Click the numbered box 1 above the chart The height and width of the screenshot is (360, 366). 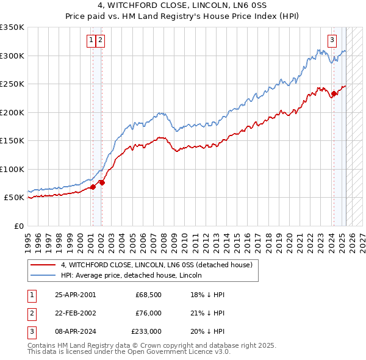[x=91, y=41]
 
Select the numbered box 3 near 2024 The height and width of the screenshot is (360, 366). [x=332, y=41]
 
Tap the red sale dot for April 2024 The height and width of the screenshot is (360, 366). [x=334, y=94]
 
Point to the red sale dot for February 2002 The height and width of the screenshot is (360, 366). [x=102, y=182]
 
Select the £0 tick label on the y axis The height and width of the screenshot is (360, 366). [x=18, y=226]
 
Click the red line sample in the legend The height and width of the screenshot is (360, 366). [x=43, y=265]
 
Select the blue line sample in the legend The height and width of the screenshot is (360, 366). [x=43, y=276]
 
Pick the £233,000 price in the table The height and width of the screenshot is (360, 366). [x=146, y=331]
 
